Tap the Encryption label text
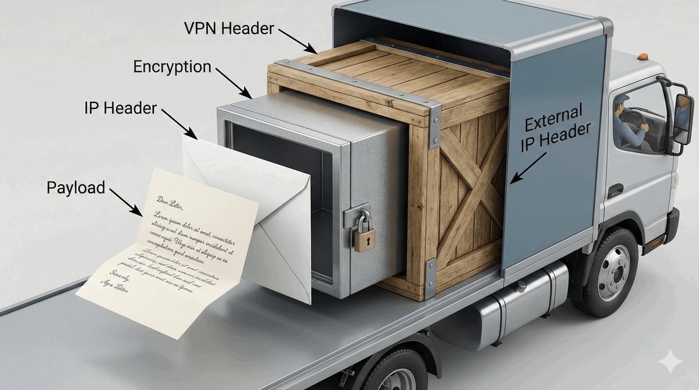pos(172,67)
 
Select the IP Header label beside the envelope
pos(120,107)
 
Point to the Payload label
pos(76,187)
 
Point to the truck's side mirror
pos(683,119)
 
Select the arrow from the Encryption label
pos(233,82)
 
